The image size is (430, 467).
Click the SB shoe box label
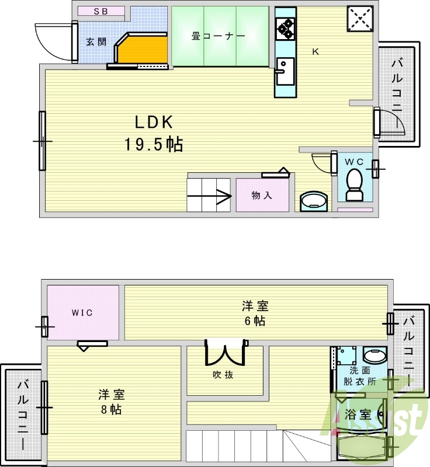pos(101,11)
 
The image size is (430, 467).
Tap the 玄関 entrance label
pos(96,41)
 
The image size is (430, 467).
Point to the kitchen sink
pos(285,71)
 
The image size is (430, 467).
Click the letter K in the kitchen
pos(315,51)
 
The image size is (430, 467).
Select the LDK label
pos(154,122)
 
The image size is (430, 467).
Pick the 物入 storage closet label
pos(262,196)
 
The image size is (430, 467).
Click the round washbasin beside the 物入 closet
pos(314,202)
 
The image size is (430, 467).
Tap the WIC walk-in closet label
pos(82,312)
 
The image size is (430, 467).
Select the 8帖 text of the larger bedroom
pos(110,409)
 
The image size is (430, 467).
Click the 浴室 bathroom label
pos(358,415)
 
